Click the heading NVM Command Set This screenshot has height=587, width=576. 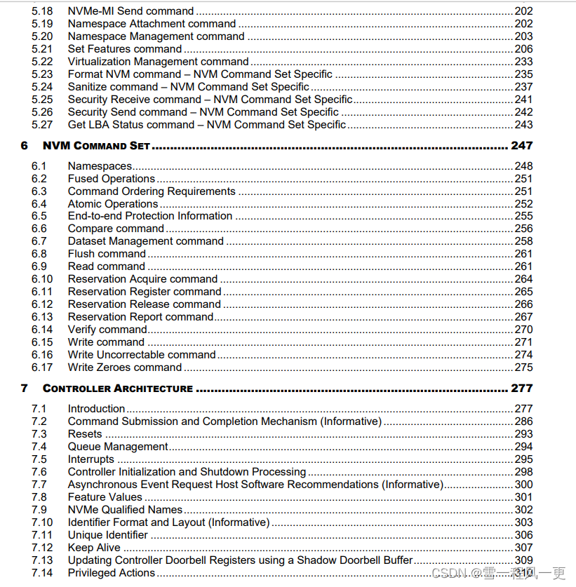(x=96, y=146)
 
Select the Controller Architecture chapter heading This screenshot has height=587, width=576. (x=117, y=389)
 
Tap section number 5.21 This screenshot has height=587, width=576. (x=42, y=49)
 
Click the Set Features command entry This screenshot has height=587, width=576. (x=124, y=49)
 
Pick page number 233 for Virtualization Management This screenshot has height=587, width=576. (x=523, y=62)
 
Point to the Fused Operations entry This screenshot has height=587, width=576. (x=111, y=179)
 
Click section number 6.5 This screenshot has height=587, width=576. (x=39, y=216)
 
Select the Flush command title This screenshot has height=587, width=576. (x=107, y=254)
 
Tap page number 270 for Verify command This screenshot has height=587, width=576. (x=523, y=330)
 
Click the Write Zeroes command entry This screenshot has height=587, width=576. (x=124, y=367)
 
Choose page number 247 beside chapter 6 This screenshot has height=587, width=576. (x=521, y=146)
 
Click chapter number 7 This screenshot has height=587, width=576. (x=25, y=389)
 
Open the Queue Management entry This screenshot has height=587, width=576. (x=118, y=447)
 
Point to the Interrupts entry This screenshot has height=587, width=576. (x=91, y=459)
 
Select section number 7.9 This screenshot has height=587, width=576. (x=39, y=510)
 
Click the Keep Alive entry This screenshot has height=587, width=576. (x=94, y=548)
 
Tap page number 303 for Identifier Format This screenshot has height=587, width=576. (x=523, y=522)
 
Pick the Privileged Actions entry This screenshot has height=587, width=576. (x=111, y=573)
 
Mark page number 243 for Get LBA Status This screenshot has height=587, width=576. (x=523, y=125)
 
